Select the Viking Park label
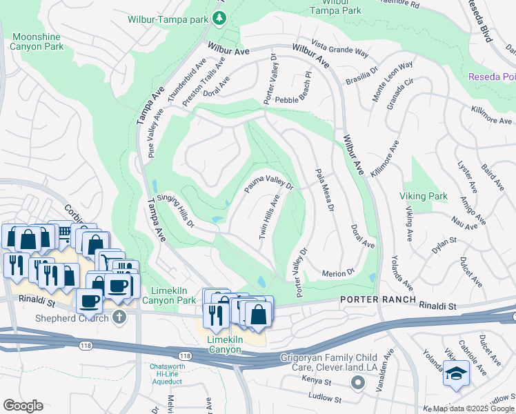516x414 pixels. tap(423, 197)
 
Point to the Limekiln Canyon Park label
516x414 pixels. tap(170, 296)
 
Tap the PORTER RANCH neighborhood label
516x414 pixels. tap(378, 299)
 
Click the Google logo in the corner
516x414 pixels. tap(23, 406)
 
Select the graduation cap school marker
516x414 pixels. tap(455, 373)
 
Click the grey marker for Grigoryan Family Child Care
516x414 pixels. tap(357, 382)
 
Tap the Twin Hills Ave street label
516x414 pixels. tap(268, 217)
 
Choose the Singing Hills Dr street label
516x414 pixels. tap(170, 211)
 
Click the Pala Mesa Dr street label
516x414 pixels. tap(324, 190)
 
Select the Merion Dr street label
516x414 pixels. tap(338, 274)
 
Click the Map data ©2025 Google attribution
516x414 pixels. tap(473, 408)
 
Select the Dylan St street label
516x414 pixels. tap(444, 241)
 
